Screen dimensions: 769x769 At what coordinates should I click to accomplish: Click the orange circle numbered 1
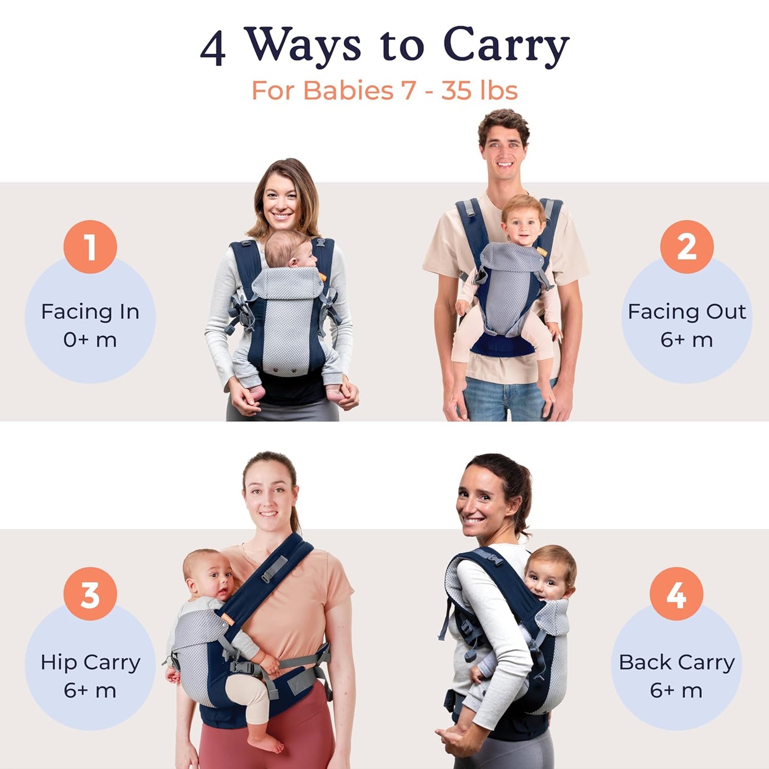(90, 247)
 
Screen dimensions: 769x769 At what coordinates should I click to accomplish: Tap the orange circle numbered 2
(687, 247)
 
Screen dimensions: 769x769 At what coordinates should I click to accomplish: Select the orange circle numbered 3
(90, 594)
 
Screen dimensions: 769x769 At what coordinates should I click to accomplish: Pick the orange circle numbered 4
(676, 594)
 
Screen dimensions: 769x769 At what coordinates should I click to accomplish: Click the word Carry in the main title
(506, 45)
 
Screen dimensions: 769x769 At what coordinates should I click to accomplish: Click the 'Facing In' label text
(90, 312)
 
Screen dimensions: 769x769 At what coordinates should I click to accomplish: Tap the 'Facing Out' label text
(687, 312)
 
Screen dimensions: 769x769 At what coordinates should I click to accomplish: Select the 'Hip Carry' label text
(90, 663)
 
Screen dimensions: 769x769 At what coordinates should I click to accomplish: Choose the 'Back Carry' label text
(676, 663)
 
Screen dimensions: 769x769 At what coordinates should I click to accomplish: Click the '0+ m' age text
(90, 340)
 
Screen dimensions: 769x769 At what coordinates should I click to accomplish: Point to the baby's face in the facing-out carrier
(523, 225)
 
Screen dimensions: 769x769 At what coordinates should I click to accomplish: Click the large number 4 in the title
(213, 48)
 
